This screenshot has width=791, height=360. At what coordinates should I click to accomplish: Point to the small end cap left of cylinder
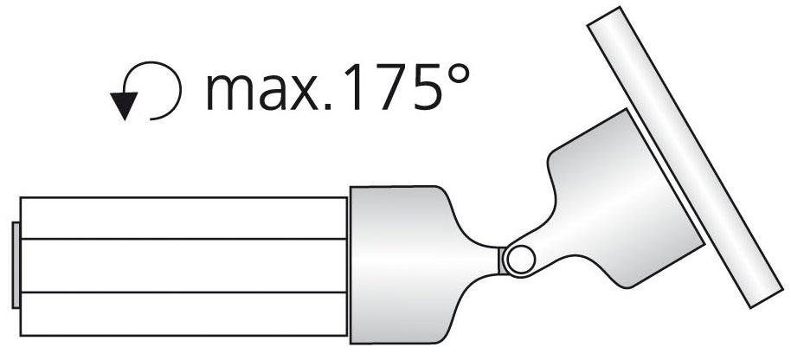coord(16,265)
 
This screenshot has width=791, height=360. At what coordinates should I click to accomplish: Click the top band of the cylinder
coord(182,217)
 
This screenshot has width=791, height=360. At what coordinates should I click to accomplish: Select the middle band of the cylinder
coord(182,265)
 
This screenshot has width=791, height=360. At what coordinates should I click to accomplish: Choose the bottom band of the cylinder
coord(182,313)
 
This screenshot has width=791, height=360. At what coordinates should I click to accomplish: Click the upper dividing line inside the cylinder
coord(182,238)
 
